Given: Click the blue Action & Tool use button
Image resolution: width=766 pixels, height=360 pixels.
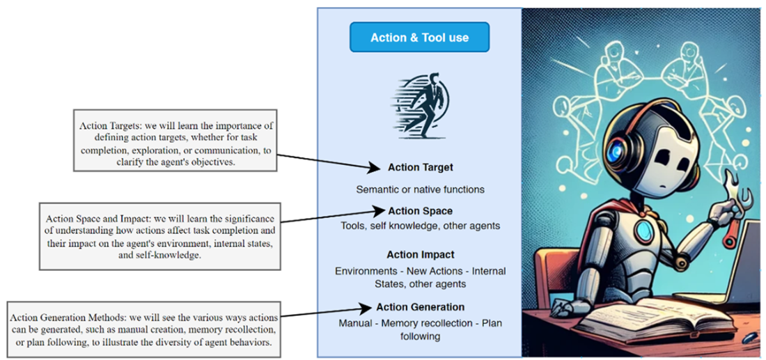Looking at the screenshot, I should point(419,38).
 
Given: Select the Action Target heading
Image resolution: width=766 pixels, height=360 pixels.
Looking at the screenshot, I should point(420,168).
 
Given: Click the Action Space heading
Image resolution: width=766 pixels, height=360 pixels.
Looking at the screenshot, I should point(420,211).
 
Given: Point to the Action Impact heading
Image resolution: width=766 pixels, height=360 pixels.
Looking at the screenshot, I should point(420,255).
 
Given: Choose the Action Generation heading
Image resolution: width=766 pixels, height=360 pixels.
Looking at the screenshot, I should point(420,307).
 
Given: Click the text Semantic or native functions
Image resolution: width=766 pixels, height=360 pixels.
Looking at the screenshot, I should point(420,189).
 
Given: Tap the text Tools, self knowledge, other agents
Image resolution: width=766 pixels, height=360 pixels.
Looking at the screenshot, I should point(420,226).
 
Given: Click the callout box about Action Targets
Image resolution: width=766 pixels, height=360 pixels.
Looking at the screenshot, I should point(175,139).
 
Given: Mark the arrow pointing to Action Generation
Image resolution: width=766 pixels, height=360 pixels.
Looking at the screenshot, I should point(327,311).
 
